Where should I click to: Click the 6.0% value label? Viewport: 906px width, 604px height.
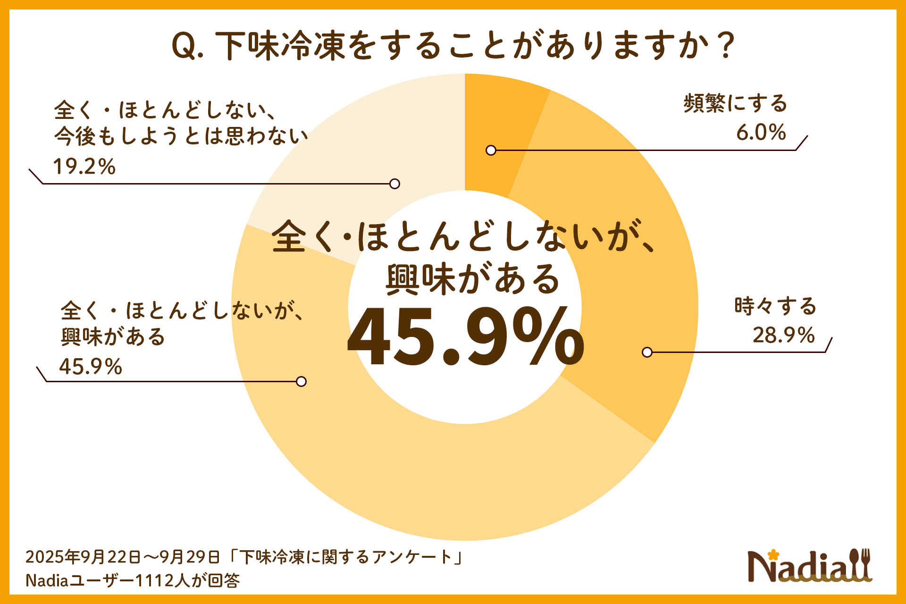coord(761,132)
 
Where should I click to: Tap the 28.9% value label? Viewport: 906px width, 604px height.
coord(783,335)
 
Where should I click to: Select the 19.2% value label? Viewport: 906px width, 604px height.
coord(84,167)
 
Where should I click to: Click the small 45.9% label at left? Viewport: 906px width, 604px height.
coord(91,367)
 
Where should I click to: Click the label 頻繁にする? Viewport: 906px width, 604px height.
coord(735,103)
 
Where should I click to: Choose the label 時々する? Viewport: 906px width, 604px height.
coord(775,306)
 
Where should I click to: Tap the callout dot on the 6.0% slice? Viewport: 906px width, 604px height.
coord(491,151)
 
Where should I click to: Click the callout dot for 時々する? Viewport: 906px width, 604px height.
coord(647,352)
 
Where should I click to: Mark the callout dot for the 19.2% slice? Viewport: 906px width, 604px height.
coord(395,184)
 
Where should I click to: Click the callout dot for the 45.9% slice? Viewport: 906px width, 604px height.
coord(301,381)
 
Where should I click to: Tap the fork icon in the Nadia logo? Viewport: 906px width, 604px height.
coord(865,564)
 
